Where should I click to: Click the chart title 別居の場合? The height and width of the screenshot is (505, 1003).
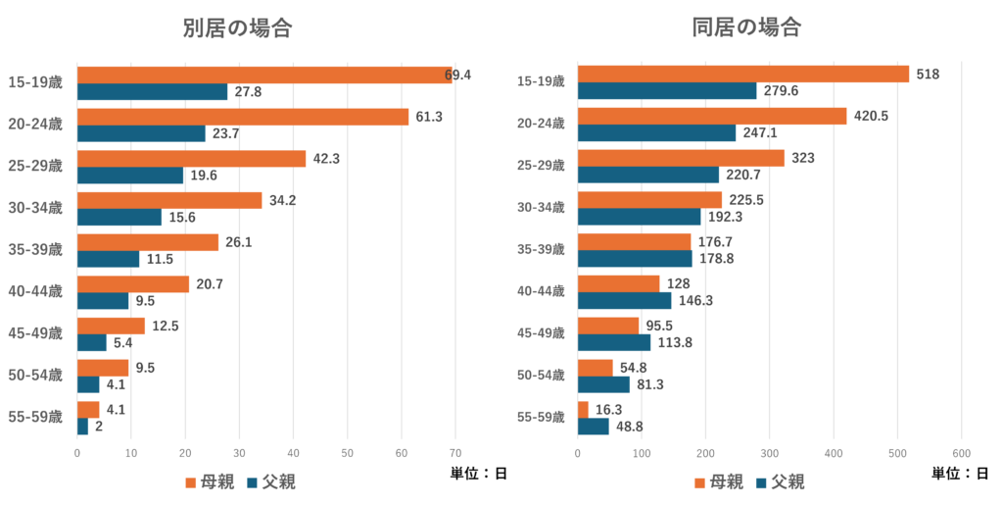point(238,28)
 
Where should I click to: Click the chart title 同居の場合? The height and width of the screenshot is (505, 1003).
point(747,27)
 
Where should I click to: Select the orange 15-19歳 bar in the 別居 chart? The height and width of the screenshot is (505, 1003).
point(264,76)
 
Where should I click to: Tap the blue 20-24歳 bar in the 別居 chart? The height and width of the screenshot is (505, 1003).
point(141,134)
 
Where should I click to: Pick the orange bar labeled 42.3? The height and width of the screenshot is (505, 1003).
point(191,159)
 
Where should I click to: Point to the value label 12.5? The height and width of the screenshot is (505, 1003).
point(166,326)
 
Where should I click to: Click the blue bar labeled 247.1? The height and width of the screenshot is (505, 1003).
point(656,134)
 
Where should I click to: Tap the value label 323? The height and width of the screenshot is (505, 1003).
point(802,158)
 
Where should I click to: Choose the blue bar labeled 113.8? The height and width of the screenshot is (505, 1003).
point(614,343)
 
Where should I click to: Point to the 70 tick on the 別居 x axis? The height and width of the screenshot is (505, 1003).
point(454,453)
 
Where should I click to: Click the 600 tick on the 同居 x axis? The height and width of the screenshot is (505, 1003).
point(961,453)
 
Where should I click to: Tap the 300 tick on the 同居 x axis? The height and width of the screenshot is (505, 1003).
point(770,453)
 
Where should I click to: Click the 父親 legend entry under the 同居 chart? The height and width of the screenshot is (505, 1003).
point(780,482)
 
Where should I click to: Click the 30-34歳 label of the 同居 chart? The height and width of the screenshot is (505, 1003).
point(542,208)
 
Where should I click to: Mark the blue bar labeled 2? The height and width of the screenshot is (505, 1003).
point(83,428)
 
